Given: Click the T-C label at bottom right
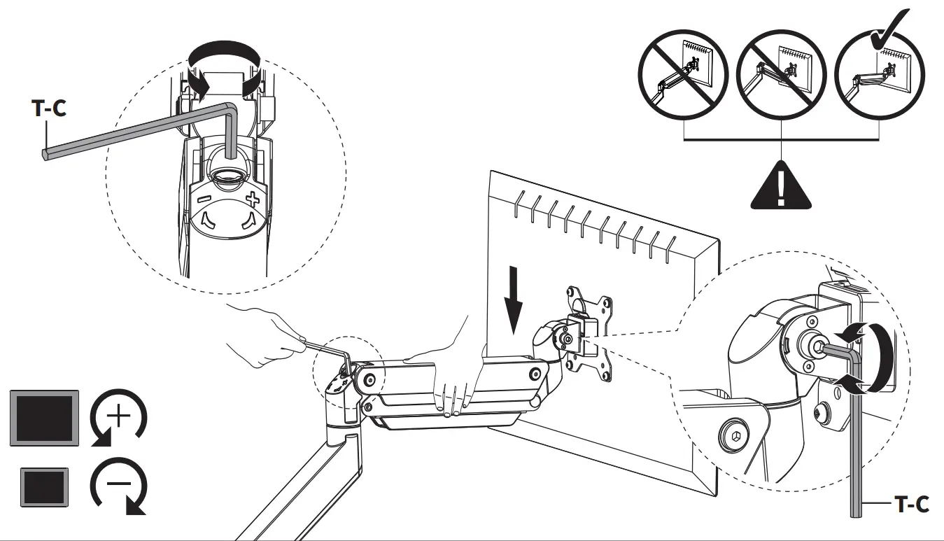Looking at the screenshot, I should (x=912, y=503).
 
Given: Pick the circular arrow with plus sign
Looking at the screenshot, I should (x=118, y=418).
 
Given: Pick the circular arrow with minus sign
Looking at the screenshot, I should (x=118, y=485).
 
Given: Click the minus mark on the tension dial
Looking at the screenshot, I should (x=203, y=199).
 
